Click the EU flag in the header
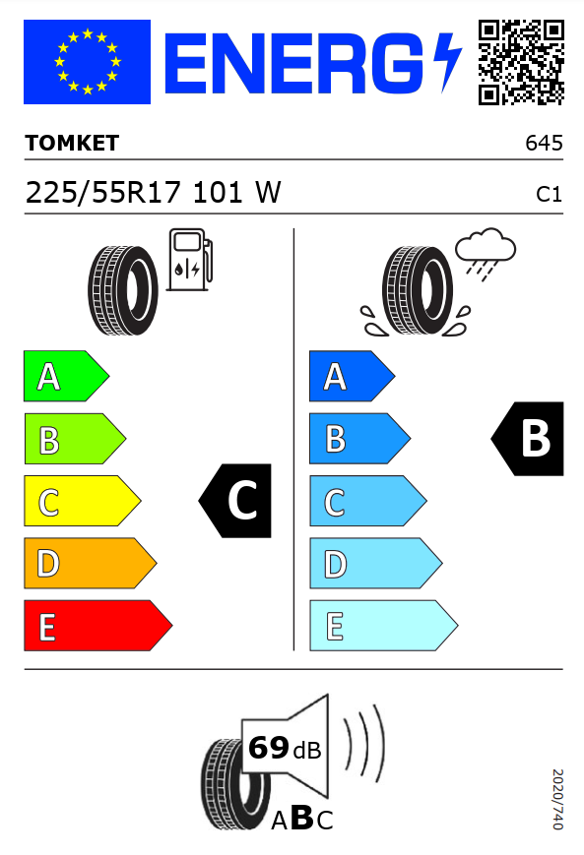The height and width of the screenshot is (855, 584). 87,62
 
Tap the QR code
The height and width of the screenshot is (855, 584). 521,62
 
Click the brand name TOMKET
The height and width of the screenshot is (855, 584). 72,143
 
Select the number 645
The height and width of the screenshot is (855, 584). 544,143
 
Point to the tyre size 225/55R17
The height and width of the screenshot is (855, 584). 102,193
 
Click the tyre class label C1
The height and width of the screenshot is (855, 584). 549,194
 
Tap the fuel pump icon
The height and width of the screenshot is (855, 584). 189,260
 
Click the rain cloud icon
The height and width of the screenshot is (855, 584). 486,253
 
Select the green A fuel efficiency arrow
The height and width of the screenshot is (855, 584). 66,376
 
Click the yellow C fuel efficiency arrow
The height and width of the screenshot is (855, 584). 82,501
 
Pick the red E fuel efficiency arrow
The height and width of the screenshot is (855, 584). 97,626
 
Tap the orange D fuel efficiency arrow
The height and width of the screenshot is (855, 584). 90,563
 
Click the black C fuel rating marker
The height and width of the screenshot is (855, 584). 235,501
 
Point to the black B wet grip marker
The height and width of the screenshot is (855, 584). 528,439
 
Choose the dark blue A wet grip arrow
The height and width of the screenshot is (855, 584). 352,376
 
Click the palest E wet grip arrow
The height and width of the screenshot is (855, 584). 383,626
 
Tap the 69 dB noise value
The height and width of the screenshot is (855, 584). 285,748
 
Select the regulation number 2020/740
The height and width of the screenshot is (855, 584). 557,799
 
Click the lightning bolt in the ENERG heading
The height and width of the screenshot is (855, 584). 447,61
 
